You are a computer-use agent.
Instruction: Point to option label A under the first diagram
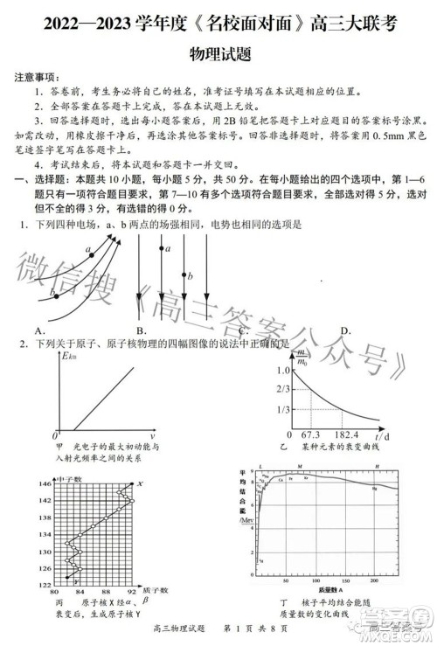39,330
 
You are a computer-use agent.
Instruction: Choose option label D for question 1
346,330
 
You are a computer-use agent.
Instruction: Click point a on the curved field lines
88,252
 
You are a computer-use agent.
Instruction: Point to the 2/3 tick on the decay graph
282,387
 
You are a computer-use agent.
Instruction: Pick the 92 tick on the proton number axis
133,592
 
